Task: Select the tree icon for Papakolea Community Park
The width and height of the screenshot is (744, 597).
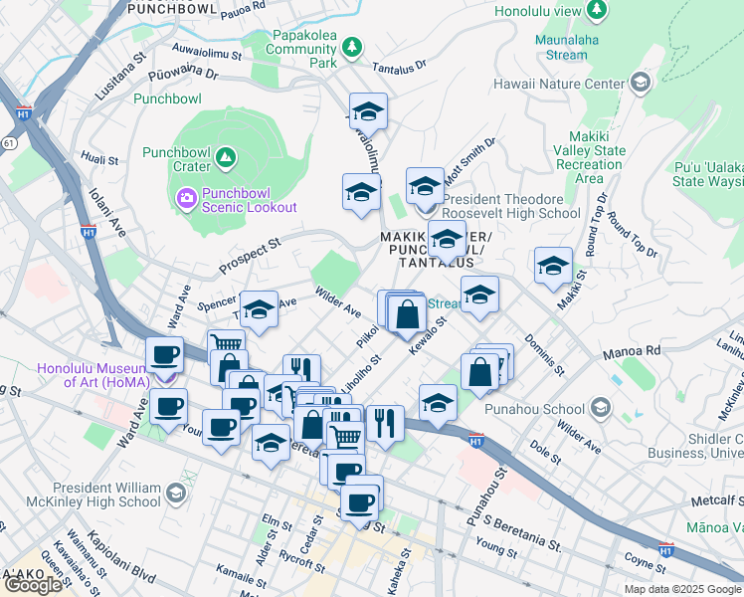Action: click(x=351, y=47)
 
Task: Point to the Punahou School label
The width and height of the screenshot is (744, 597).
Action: click(x=535, y=409)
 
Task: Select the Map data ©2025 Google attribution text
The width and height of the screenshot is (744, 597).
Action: click(x=681, y=589)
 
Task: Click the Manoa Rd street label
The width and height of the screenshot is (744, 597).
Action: click(x=638, y=351)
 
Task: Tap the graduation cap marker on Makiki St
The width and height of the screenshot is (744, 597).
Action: click(x=553, y=266)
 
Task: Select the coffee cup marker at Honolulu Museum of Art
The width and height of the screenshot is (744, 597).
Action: click(x=164, y=354)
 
